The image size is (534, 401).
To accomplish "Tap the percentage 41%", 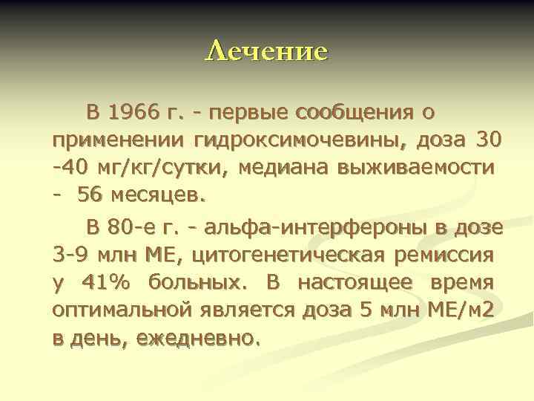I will (108, 283).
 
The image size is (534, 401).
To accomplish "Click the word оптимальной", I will (115, 310).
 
